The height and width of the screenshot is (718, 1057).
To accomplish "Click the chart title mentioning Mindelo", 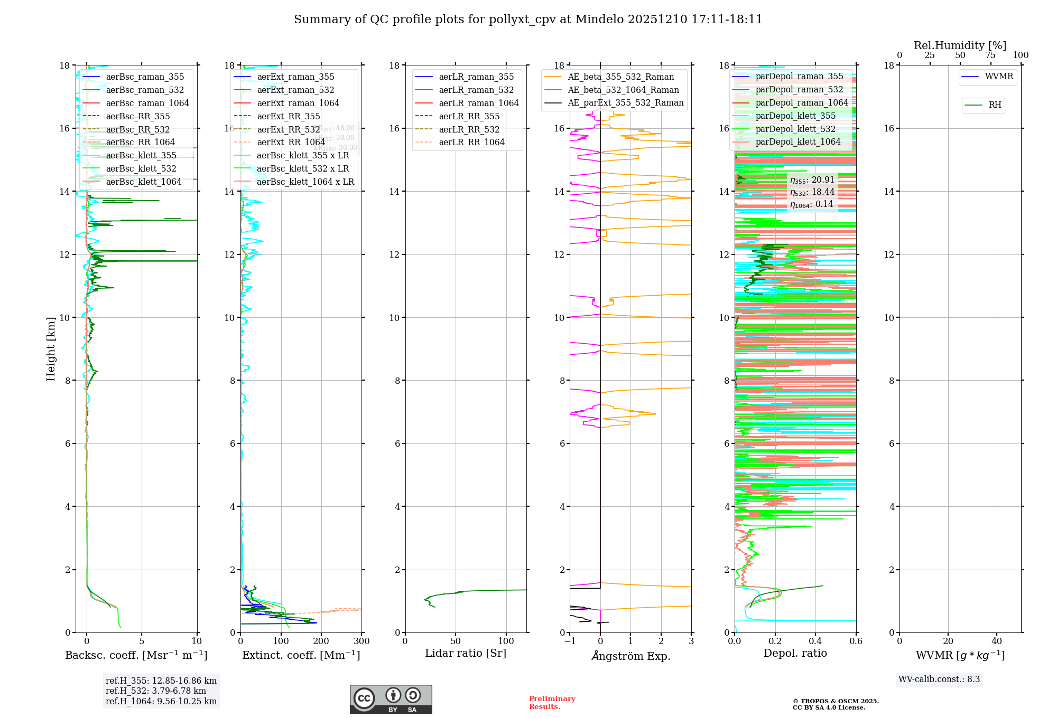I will pyautogui.click(x=528, y=20).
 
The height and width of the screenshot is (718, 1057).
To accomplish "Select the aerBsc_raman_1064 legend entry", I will pyautogui.click(x=147, y=103).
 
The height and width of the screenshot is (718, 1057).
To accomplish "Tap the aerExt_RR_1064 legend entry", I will pyautogui.click(x=291, y=142).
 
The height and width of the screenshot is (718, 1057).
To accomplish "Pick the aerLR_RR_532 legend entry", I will pyautogui.click(x=469, y=129).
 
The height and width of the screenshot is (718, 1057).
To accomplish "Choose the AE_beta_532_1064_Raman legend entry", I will pyautogui.click(x=623, y=90).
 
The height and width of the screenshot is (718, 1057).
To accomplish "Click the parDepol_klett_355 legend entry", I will pyautogui.click(x=795, y=116).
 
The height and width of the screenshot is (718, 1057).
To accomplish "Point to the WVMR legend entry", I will pyautogui.click(x=998, y=77).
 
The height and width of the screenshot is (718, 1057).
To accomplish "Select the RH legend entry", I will pyautogui.click(x=995, y=105).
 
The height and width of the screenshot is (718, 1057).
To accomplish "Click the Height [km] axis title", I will pyautogui.click(x=51, y=349).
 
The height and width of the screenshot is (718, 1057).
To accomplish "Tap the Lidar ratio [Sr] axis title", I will pyautogui.click(x=466, y=653).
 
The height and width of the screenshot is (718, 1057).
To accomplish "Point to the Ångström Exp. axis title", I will pyautogui.click(x=631, y=656).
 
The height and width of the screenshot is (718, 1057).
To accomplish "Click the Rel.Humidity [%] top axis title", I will pyautogui.click(x=960, y=45).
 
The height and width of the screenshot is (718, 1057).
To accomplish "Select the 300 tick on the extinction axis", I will pyautogui.click(x=361, y=641).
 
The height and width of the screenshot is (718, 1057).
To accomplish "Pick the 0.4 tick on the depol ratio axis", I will pyautogui.click(x=815, y=641).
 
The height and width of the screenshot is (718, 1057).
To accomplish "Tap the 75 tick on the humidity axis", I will pyautogui.click(x=990, y=55).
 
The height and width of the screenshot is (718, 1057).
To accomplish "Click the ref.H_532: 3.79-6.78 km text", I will pyautogui.click(x=156, y=691).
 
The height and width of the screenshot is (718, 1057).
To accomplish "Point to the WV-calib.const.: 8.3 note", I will pyautogui.click(x=939, y=679).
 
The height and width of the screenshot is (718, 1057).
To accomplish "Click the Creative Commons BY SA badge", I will pyautogui.click(x=391, y=700).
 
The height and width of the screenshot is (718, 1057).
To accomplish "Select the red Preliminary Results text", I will pyautogui.click(x=552, y=702).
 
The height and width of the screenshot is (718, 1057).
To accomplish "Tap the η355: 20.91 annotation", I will pyautogui.click(x=812, y=180).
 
